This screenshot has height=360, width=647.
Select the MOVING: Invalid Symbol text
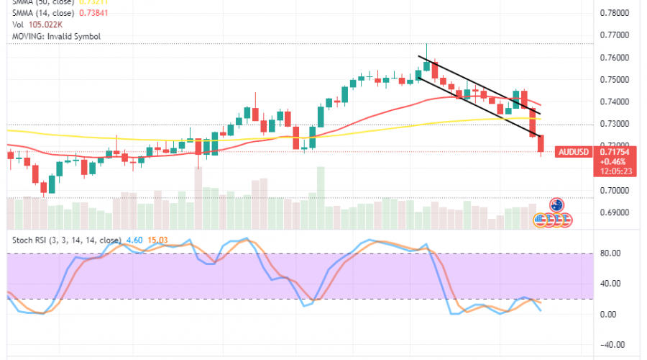click(51, 36)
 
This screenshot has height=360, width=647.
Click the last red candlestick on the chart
click(541, 143)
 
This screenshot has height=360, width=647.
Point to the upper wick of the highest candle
click(426, 50)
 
